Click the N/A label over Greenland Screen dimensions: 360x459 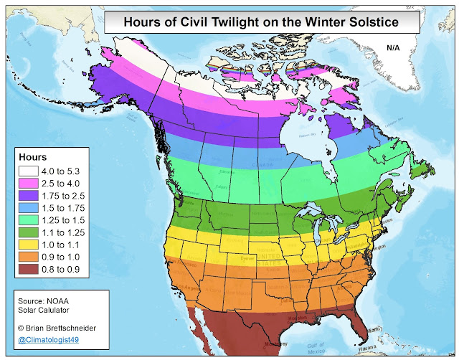coord(394,48)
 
